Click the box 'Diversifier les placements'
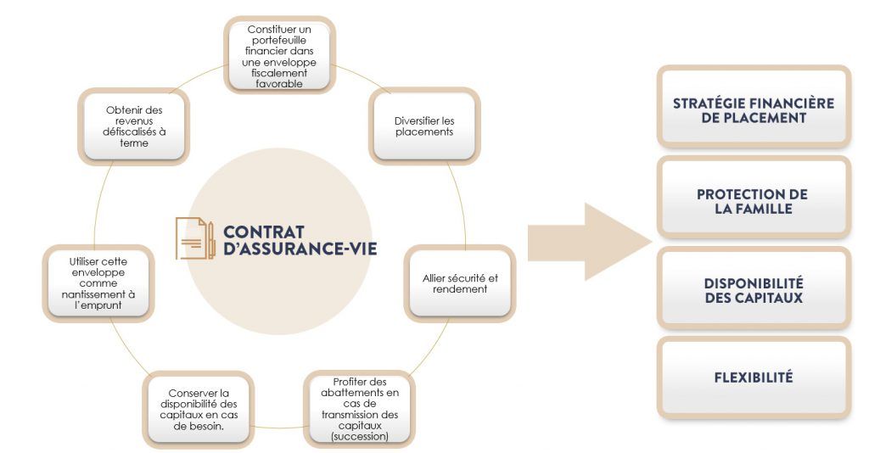(424, 126)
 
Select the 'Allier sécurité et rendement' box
(460, 283)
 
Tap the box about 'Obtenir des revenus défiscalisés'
(134, 126)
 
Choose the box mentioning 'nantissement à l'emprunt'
(98, 283)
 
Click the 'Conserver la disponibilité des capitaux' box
(199, 410)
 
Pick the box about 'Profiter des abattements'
(360, 409)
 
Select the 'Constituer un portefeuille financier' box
(279, 55)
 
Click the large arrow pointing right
(589, 242)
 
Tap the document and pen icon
(195, 238)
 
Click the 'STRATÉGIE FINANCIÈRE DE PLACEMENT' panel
(754, 107)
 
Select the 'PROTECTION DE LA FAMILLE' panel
(754, 198)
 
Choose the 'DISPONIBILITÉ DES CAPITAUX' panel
(754, 288)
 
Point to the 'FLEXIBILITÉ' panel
(754, 377)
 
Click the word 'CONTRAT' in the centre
(264, 232)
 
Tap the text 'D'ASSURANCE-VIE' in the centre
(300, 248)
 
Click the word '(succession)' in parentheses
(360, 436)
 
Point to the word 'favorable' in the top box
(279, 84)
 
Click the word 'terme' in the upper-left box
(134, 143)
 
